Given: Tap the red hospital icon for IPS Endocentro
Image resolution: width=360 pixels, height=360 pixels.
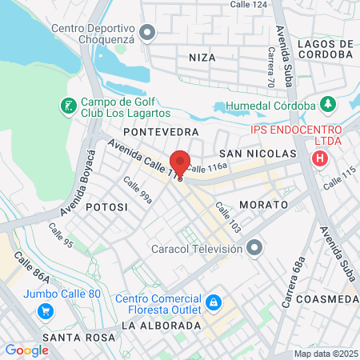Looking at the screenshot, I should click(x=321, y=158).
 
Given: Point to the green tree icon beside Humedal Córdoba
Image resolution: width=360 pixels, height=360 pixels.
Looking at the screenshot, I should click(x=326, y=105).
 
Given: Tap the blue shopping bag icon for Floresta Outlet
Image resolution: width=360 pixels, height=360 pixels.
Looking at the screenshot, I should click(x=213, y=302).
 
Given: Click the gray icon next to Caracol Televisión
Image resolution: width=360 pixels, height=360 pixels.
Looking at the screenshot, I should click(x=254, y=249).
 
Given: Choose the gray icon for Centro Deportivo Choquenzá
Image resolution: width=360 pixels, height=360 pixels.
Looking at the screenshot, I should click(x=146, y=32).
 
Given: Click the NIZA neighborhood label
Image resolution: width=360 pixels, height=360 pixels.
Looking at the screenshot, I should click(x=202, y=58).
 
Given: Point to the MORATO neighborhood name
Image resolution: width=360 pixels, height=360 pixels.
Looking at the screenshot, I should click(x=263, y=206).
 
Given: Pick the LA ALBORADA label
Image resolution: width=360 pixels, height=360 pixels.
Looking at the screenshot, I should click(x=161, y=326).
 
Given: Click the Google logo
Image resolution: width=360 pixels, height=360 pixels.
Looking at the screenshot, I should click(x=26, y=350).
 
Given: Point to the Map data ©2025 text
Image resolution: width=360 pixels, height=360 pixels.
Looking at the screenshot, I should click(x=324, y=354).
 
